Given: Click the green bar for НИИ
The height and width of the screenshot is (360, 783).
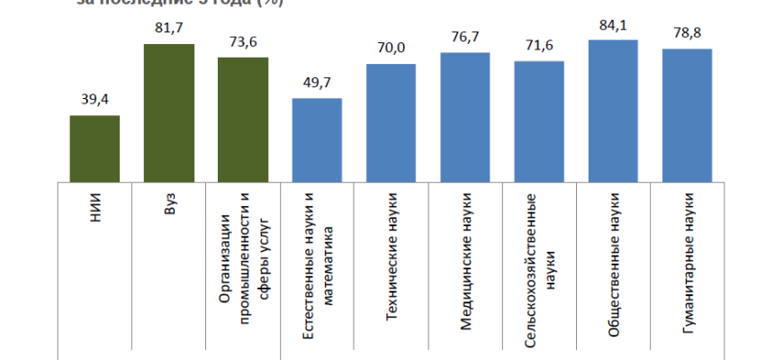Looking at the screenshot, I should coord(94,148).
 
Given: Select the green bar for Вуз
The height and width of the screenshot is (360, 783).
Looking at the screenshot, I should coord(169,112).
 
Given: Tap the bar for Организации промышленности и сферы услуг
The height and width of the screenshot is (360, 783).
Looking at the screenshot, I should coord(243,120).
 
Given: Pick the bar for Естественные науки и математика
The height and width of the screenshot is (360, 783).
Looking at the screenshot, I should coord(317,139).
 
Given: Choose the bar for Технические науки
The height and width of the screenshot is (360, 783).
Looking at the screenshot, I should coord(391,123).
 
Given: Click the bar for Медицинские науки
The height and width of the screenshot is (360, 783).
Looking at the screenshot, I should coord(465,117).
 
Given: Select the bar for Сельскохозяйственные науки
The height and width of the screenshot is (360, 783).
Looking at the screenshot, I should coord(539,121).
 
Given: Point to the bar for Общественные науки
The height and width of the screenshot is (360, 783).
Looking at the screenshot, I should coord(613,111).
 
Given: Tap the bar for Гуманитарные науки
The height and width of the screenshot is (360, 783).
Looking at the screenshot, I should coord(687,115).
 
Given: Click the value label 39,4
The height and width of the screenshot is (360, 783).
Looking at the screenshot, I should coord(94,100).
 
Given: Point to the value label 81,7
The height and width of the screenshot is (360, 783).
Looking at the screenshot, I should coord(169,29).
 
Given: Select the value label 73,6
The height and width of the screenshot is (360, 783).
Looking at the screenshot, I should coord(243,42).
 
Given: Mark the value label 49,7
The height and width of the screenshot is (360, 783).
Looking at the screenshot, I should coord(317,83).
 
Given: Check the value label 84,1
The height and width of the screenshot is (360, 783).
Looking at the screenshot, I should coord(613,24).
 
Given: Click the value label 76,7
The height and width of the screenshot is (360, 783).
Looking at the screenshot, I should coord(465,38).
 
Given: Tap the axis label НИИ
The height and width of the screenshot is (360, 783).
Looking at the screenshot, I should coord(95,210).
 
